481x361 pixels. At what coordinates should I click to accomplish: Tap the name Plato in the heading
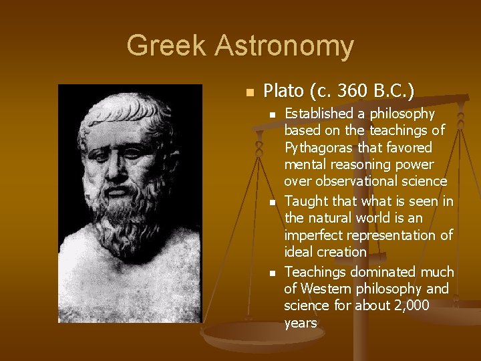284,90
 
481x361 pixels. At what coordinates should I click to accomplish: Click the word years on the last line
300,323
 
